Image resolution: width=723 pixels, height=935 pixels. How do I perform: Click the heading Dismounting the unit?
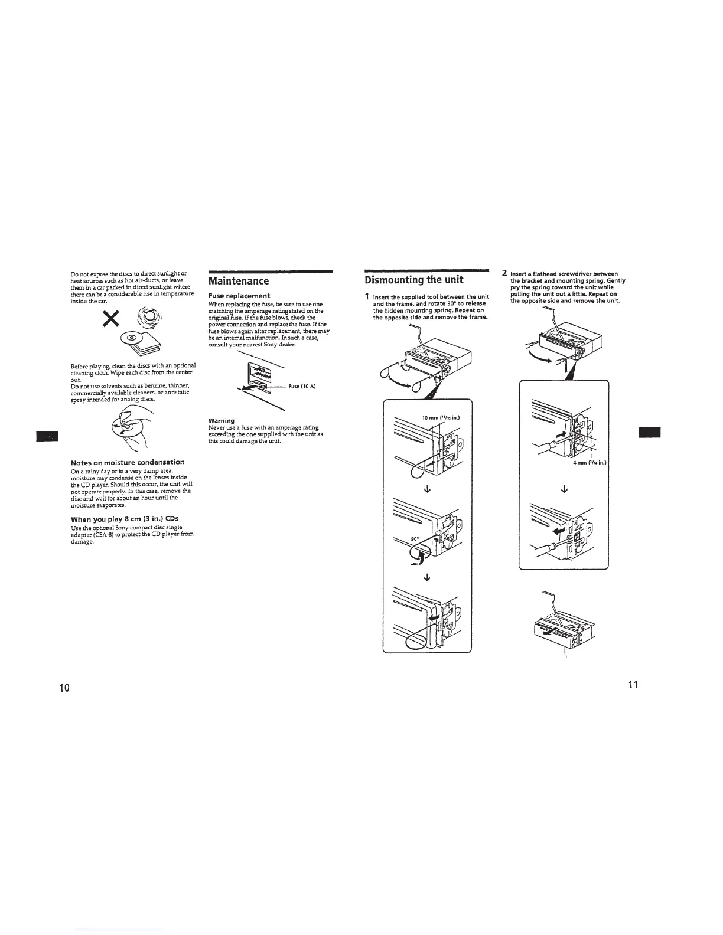click(x=413, y=279)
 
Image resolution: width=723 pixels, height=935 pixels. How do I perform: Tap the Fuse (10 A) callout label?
click(x=303, y=386)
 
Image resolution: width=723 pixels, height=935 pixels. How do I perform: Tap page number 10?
click(x=64, y=687)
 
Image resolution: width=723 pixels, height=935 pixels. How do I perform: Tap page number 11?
click(x=633, y=685)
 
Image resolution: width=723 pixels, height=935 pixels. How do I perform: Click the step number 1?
click(x=367, y=296)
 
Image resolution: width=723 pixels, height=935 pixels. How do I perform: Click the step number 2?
click(x=503, y=273)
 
